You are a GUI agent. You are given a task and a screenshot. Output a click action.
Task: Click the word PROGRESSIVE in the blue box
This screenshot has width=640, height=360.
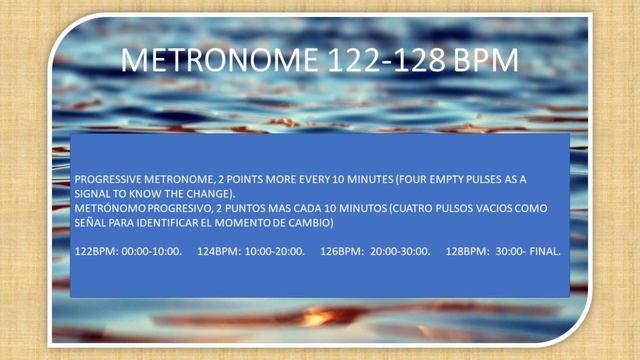point(106,179)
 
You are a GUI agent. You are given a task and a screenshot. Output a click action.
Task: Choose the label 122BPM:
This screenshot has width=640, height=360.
point(95,251)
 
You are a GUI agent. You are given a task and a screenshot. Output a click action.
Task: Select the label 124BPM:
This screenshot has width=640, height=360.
point(219,251)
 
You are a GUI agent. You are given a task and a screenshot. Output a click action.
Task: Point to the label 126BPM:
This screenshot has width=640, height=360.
point(341,251)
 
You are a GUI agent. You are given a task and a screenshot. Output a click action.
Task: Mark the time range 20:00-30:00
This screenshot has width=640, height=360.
point(400,251)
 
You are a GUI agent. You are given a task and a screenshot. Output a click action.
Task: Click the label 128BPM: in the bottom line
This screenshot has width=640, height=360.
point(467,251)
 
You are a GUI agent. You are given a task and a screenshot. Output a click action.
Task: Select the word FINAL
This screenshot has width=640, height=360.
point(545,251)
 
